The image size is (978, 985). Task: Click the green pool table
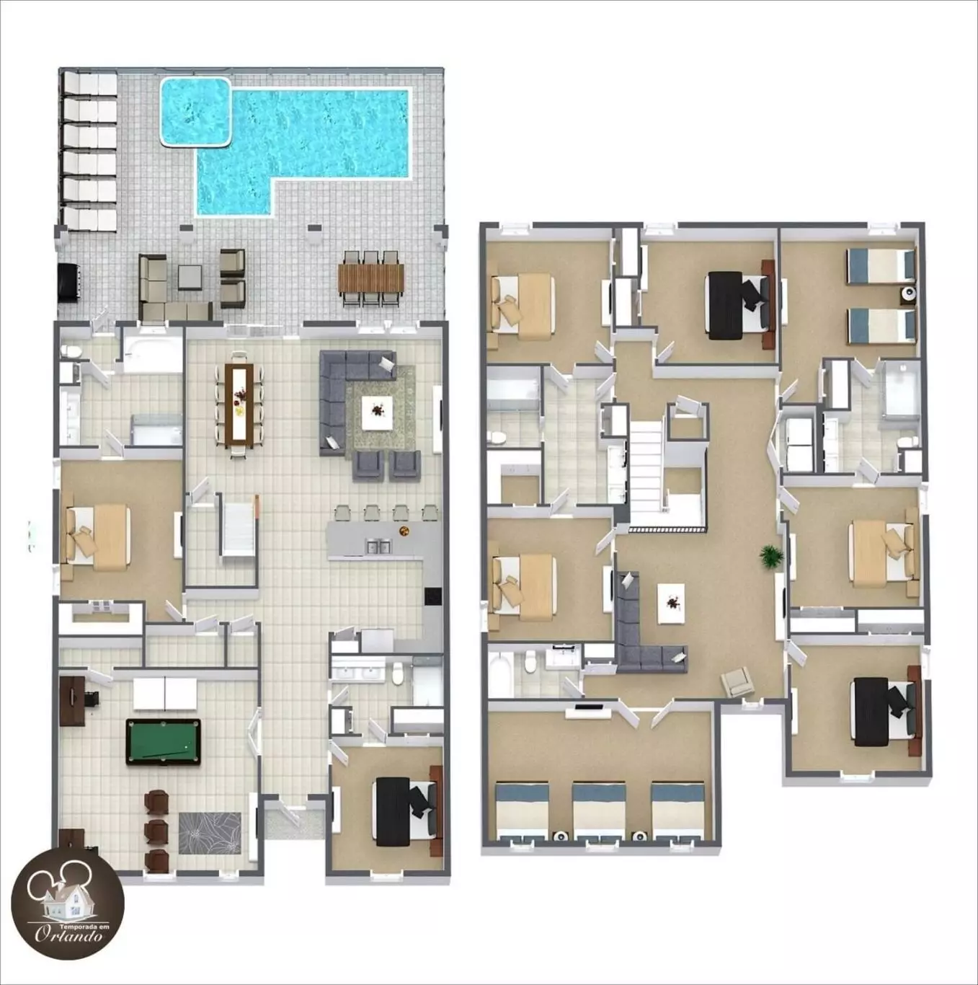coord(163,742)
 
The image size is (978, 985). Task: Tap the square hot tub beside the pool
coord(196,110)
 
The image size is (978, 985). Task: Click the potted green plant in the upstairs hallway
coord(771,556)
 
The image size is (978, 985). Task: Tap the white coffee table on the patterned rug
coord(377,412)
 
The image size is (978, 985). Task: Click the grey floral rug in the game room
coord(210,833)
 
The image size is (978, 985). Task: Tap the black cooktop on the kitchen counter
coord(432,596)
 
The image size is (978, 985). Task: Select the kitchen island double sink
coord(378,547)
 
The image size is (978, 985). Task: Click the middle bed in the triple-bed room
coord(599,813)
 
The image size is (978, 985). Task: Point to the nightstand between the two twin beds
coord(907,293)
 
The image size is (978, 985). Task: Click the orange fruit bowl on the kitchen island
coord(404,530)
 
